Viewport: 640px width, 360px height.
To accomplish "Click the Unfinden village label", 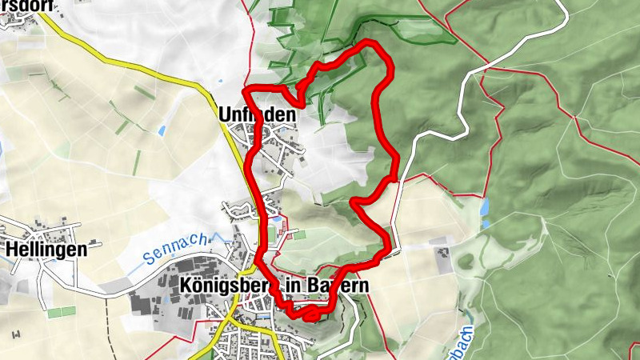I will click(257, 115).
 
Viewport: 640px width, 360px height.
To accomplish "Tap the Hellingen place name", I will click(46, 249).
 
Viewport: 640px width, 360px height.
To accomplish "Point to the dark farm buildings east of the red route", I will click(441, 257).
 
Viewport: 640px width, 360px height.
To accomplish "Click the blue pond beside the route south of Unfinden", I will click(276, 217).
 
